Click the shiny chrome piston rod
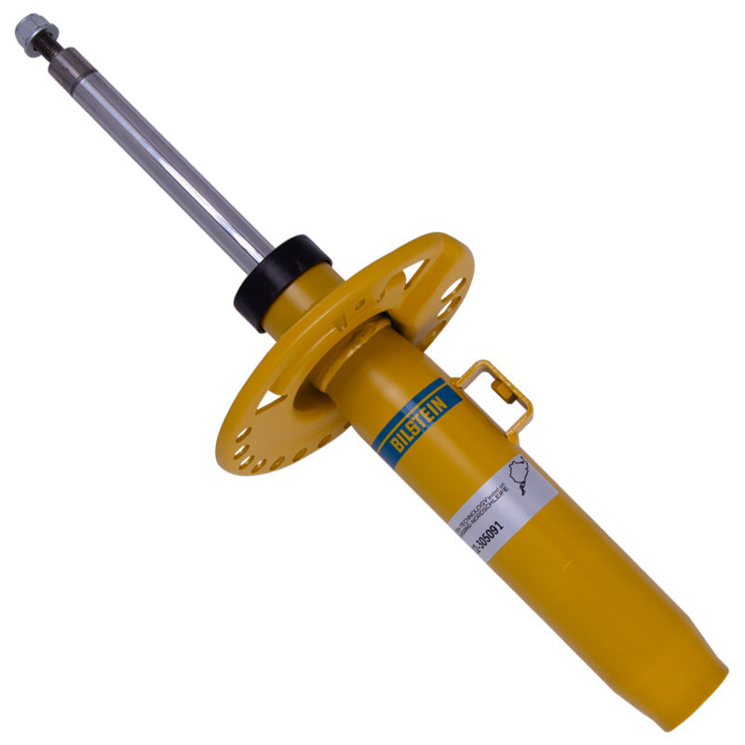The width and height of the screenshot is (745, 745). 168,158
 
